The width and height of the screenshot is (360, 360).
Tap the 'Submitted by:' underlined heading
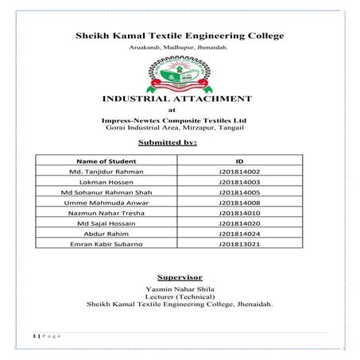179,142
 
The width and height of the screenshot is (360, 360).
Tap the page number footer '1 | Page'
45,337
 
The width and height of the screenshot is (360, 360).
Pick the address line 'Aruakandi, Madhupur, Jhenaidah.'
179,49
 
